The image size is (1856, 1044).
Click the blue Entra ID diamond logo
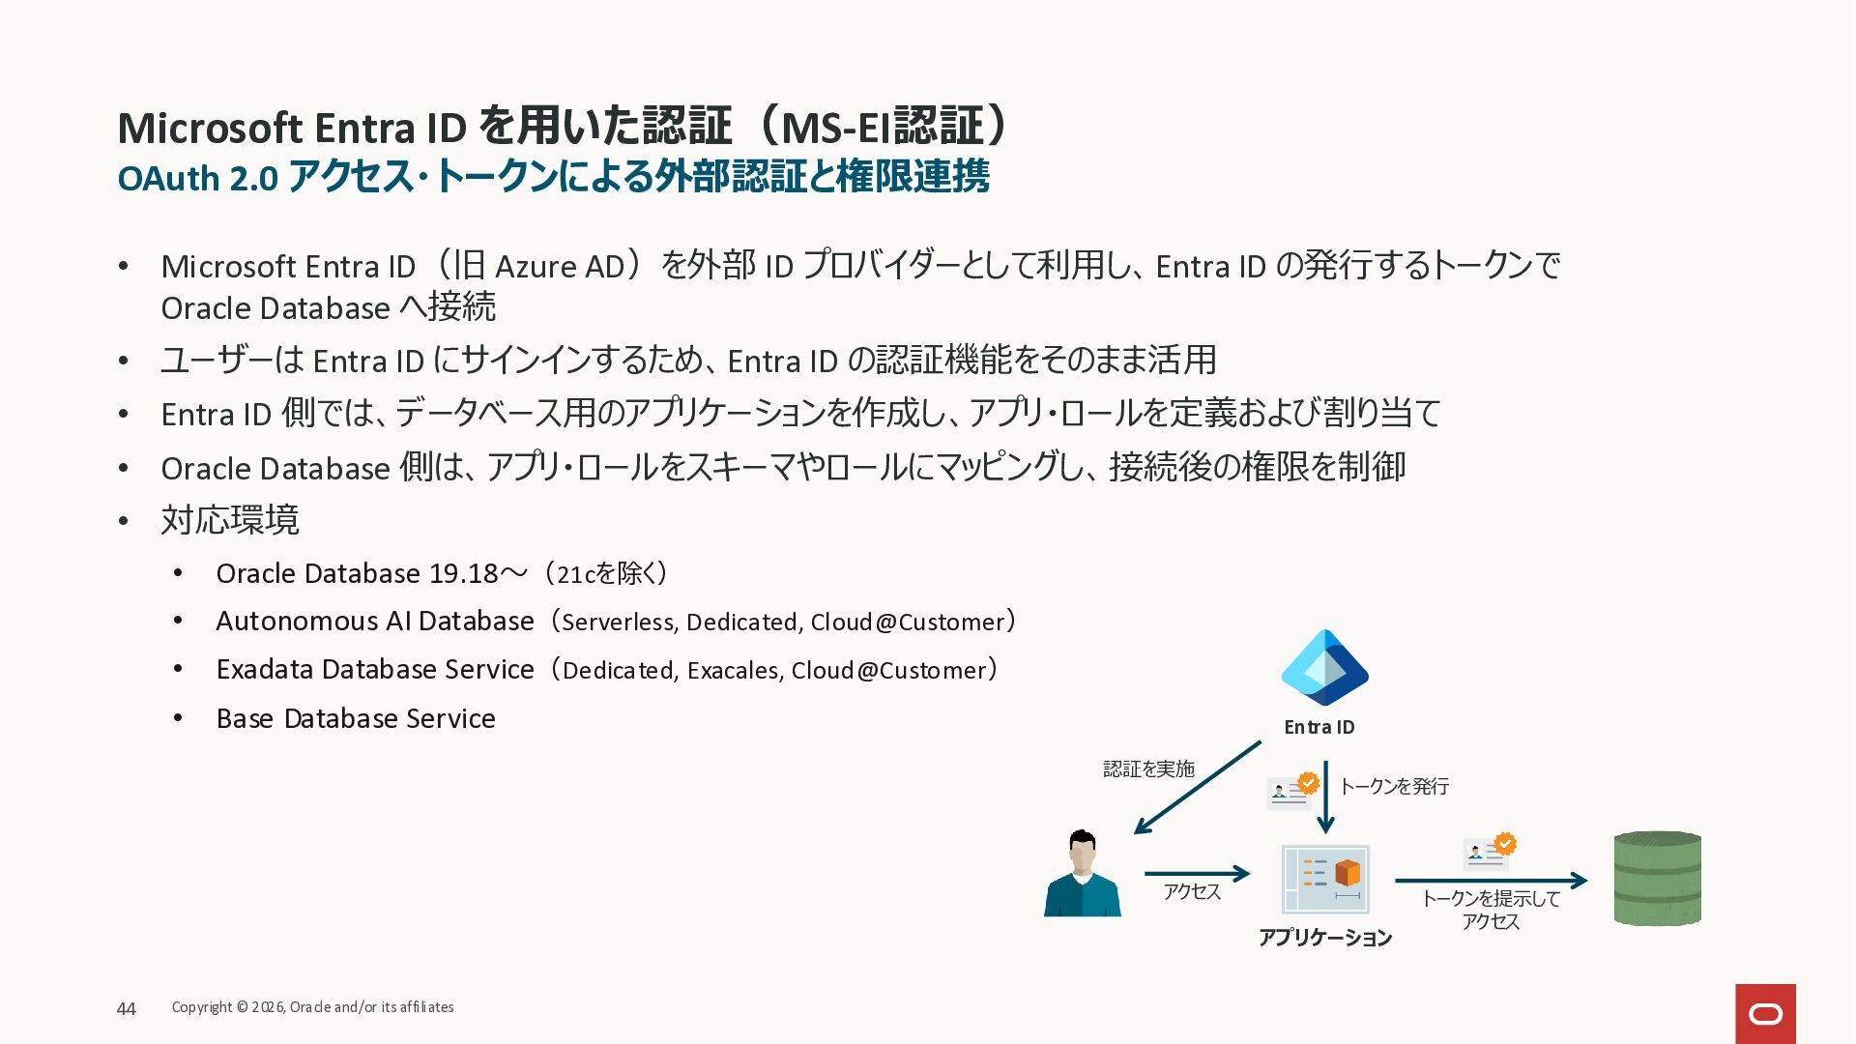[1324, 668]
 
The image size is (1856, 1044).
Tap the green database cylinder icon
[1657, 879]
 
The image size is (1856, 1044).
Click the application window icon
[1325, 879]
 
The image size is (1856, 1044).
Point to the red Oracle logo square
[1765, 1014]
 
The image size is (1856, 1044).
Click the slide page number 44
[126, 1009]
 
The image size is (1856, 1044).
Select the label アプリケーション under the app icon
[1325, 938]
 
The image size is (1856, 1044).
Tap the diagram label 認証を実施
[1149, 768]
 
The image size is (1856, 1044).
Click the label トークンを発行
[1394, 787]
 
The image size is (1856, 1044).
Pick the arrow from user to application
[1198, 874]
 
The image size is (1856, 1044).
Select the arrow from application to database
[1491, 881]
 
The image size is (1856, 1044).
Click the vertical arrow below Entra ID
[1325, 797]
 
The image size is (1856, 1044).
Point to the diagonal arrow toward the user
[1198, 787]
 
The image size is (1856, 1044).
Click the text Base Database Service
[356, 719]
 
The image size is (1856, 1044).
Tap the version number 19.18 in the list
[464, 574]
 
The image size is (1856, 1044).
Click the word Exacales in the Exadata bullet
[732, 671]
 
